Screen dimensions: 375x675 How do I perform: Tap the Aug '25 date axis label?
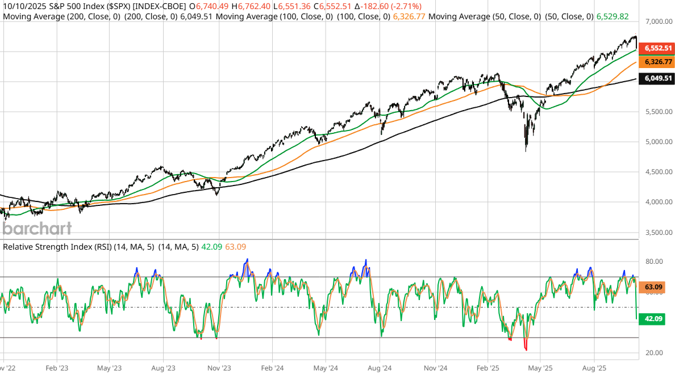[594, 368]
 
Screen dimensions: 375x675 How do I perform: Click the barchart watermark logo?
[37, 229]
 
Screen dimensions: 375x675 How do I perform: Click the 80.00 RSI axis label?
[655, 262]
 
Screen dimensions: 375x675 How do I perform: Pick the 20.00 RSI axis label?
[655, 353]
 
